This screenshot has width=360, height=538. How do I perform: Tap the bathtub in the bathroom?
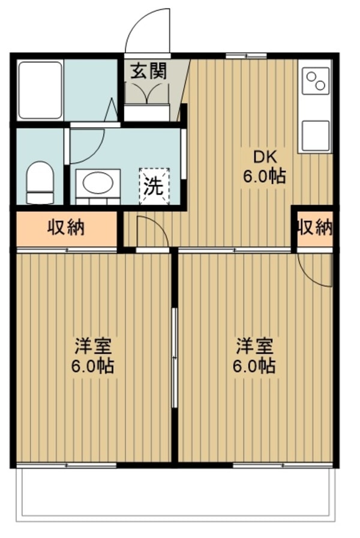coord(40,90)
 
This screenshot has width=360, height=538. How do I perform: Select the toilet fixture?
coord(40,178)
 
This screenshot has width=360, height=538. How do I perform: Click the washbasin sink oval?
coord(97,183)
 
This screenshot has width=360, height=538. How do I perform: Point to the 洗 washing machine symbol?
coord(154,186)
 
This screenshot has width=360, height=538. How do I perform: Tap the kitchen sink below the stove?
coord(316,136)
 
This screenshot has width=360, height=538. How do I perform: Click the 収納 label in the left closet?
coord(66,228)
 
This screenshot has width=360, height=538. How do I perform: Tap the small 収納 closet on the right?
coord(314,227)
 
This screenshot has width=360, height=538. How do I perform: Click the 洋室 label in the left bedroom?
coord(93,347)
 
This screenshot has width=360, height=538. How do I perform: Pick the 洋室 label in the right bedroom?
coord(254,347)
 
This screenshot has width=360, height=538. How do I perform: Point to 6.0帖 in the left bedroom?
coord(93,366)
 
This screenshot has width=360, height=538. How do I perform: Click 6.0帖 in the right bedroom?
coord(254,366)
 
